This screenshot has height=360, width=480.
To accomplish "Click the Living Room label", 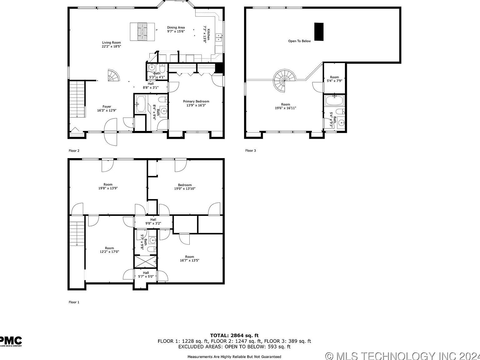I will click(x=111, y=43).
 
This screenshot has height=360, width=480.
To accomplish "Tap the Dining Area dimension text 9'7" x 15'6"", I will click(x=176, y=31).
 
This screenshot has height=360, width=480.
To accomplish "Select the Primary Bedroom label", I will click(x=196, y=101).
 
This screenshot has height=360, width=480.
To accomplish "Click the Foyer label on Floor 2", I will click(x=107, y=107).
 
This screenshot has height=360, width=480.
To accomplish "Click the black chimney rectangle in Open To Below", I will click(x=319, y=32).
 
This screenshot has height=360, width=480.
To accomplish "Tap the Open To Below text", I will click(x=299, y=41).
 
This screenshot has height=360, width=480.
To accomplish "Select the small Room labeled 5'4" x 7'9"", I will click(x=334, y=77).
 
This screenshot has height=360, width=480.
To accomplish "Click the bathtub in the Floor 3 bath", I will click(x=334, y=101).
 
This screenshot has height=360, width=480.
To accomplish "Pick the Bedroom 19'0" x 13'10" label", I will click(x=185, y=185).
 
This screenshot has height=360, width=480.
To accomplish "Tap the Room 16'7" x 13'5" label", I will click(x=189, y=257).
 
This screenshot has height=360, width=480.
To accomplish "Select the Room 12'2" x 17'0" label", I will click(x=109, y=248).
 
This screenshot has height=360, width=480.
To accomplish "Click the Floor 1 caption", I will click(x=74, y=302).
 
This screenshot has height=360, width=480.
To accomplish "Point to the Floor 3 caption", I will click(x=251, y=151).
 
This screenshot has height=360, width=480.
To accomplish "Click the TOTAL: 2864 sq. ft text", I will click(x=234, y=336).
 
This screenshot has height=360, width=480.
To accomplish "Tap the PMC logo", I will click(x=11, y=341).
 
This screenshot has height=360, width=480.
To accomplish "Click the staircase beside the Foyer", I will click(x=77, y=98).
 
